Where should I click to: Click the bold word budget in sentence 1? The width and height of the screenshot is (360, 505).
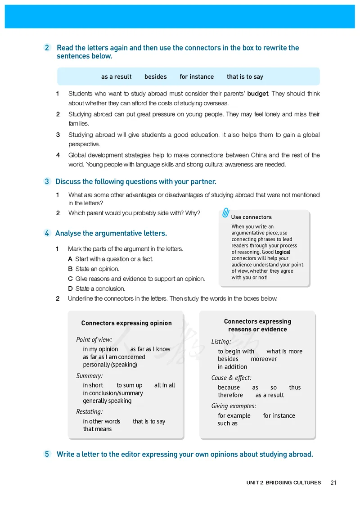(x=258, y=94)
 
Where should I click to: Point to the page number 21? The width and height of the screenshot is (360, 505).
(x=333, y=482)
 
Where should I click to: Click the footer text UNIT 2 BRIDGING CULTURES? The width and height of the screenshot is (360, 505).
(x=283, y=482)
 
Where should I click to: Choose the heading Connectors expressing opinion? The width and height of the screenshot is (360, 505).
(x=126, y=323)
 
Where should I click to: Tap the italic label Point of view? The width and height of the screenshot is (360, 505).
(x=94, y=340)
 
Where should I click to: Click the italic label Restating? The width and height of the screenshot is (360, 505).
(x=90, y=411)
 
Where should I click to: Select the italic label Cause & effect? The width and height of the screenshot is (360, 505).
(x=231, y=378)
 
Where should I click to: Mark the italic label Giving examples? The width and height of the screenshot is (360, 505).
(x=234, y=406)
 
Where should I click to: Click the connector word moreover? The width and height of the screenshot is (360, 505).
(x=264, y=359)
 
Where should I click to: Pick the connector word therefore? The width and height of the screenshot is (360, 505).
(x=230, y=395)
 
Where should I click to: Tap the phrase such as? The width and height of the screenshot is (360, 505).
(x=227, y=424)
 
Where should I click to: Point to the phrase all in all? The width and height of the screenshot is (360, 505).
(x=165, y=385)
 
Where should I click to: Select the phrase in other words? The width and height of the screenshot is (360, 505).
(x=102, y=421)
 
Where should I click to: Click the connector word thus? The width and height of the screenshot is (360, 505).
(x=295, y=388)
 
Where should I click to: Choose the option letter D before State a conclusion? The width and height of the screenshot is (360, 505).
(x=70, y=289)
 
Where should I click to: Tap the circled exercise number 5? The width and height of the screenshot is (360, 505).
(x=47, y=454)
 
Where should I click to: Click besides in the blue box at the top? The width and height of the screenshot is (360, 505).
(x=156, y=77)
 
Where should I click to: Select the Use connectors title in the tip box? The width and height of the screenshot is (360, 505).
(x=252, y=217)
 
